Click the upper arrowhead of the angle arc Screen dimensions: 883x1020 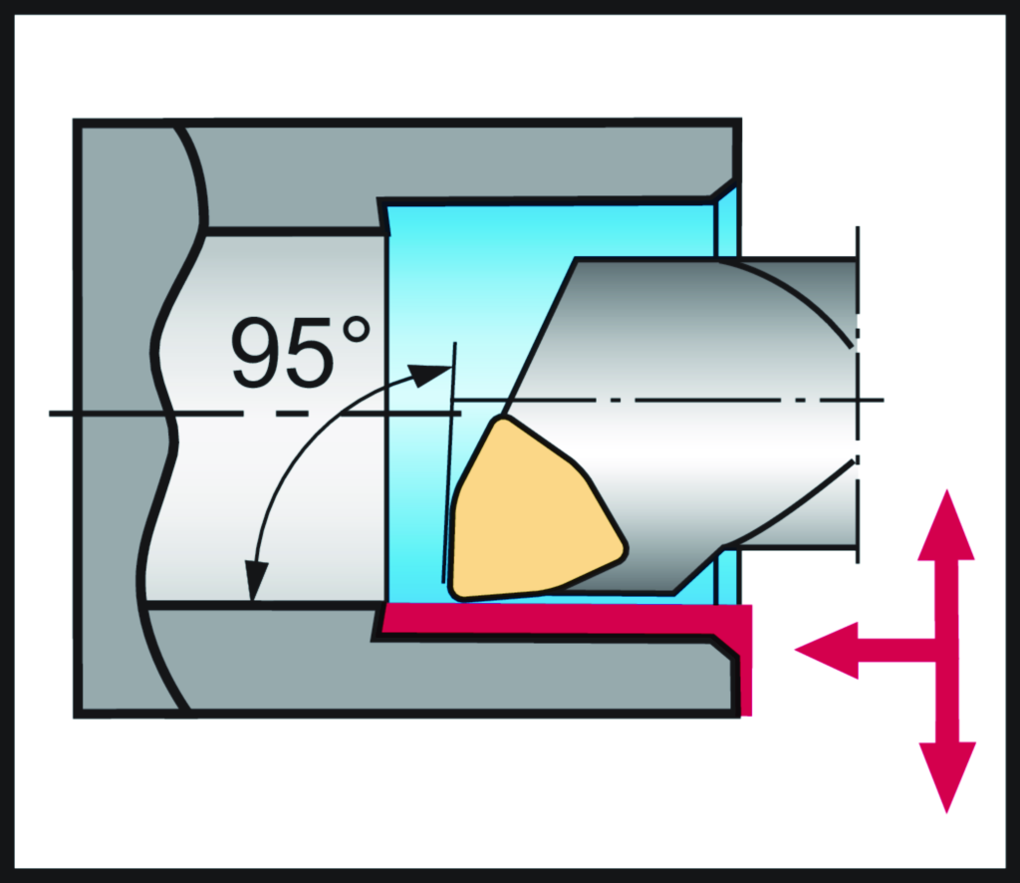point(432,375)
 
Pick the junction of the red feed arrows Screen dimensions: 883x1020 point(936,651)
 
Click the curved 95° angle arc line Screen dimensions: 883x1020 point(289,448)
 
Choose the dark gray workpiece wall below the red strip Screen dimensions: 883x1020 point(448,678)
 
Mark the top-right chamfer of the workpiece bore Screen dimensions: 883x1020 point(726,189)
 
